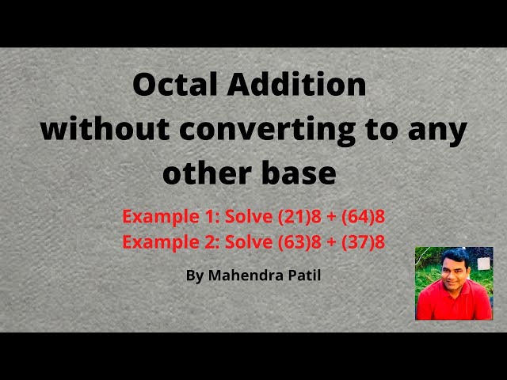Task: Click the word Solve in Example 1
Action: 248,216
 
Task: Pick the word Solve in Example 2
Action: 248,242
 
